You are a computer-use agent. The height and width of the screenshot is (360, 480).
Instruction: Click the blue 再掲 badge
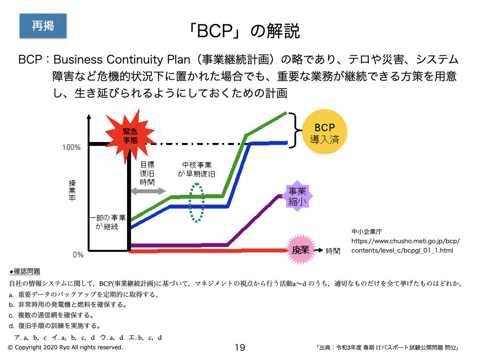click(43, 26)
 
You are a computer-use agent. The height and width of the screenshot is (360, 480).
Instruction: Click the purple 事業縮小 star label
click(297, 196)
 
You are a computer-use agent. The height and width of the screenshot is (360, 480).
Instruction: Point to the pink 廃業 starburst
click(300, 250)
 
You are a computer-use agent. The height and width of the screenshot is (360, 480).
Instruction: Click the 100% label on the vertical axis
click(72, 148)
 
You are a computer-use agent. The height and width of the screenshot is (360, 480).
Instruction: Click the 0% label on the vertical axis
click(77, 255)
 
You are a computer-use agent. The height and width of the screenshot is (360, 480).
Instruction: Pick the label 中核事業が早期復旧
click(197, 169)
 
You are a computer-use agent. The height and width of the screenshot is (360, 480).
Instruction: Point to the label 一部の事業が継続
click(107, 222)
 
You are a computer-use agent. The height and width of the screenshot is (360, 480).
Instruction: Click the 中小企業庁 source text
click(367, 232)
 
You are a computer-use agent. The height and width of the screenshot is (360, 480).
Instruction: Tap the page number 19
click(240, 348)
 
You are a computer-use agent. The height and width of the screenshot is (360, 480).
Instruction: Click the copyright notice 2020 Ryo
click(66, 348)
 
